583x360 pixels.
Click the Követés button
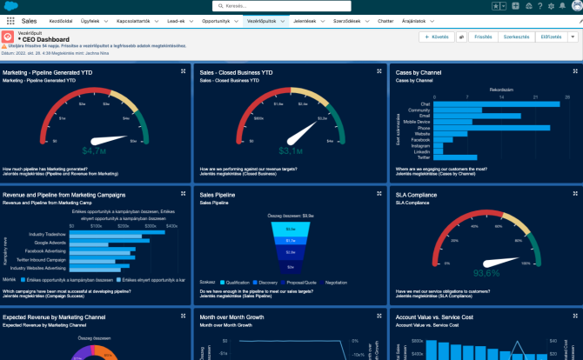click(x=436, y=37)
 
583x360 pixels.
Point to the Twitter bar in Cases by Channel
click(x=435, y=157)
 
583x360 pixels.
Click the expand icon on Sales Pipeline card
click(x=378, y=193)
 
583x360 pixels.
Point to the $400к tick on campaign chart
click(x=171, y=225)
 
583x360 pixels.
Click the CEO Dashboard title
click(x=44, y=39)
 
